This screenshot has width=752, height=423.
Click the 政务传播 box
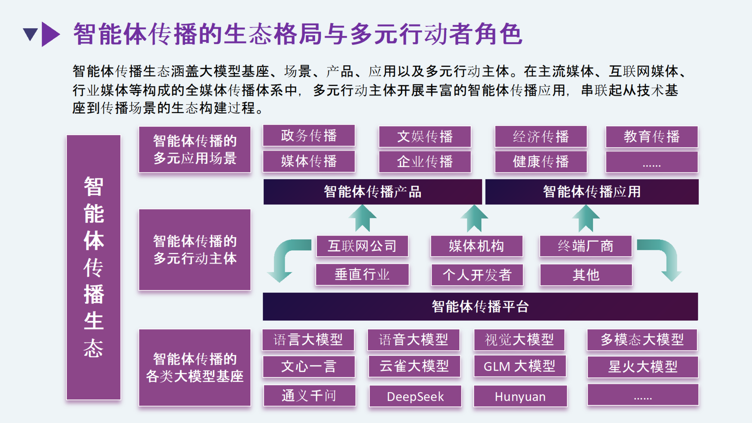click(x=309, y=136)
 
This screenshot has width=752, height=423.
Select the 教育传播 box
click(x=651, y=137)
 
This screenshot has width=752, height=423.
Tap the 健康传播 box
click(x=541, y=162)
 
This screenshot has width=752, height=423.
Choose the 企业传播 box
click(x=425, y=162)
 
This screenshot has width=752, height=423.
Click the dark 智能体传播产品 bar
click(x=372, y=192)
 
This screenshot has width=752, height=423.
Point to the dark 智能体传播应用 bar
click(x=592, y=192)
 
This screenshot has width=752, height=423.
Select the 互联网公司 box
click(x=362, y=246)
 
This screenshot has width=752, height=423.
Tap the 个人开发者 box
click(x=477, y=275)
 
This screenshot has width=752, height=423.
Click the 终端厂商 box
click(x=585, y=246)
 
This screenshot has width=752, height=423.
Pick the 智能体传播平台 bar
click(x=480, y=306)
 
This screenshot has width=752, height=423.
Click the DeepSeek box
click(x=415, y=396)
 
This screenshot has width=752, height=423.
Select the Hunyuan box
click(x=520, y=396)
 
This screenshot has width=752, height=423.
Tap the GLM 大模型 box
click(x=519, y=366)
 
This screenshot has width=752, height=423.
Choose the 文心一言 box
click(x=309, y=367)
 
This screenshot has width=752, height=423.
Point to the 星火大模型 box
click(x=643, y=367)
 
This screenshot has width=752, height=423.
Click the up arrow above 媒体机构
click(x=474, y=219)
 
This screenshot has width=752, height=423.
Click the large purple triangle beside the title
click(x=50, y=34)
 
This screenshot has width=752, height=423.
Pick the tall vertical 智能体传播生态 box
click(x=93, y=267)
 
